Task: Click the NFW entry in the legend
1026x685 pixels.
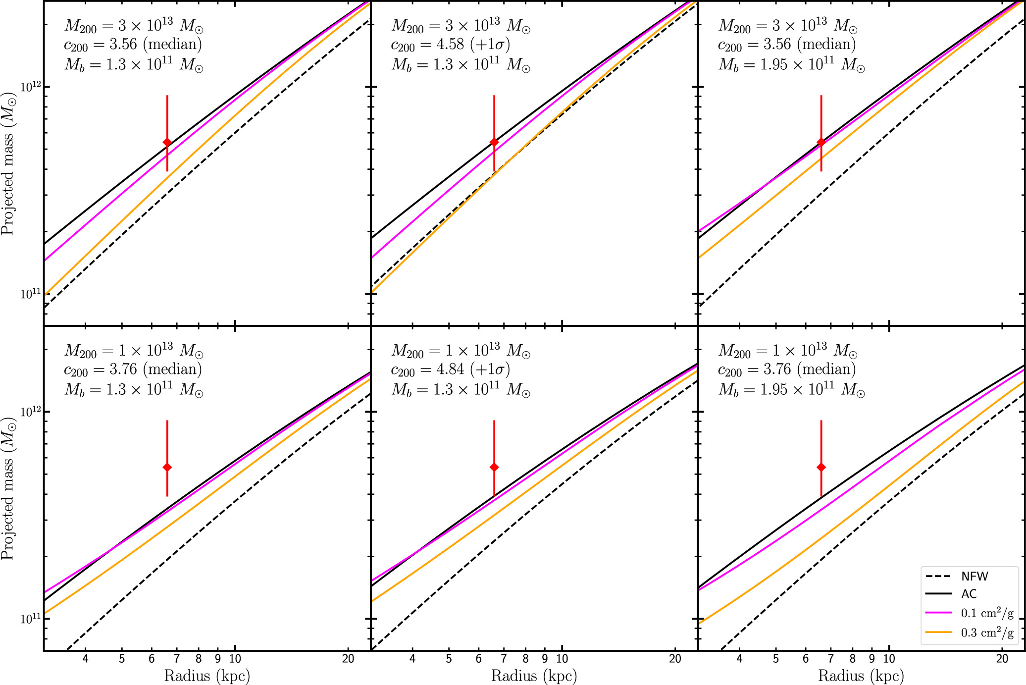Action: [x=974, y=577]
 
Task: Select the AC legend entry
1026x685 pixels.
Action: [x=969, y=594]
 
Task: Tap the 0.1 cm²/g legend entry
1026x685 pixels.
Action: [x=986, y=613]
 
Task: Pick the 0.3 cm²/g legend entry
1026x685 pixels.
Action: [x=986, y=632]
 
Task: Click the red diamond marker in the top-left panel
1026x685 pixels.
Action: [x=167, y=143]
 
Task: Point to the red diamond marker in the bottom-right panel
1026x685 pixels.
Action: [x=821, y=467]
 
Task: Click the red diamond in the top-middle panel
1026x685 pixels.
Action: [x=494, y=143]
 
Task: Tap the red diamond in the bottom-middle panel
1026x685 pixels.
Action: [x=494, y=467]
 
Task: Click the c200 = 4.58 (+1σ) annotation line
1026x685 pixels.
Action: [x=450, y=45]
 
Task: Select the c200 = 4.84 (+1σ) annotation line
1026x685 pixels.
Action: [x=450, y=370]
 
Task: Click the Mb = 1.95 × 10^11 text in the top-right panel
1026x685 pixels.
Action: [x=791, y=65]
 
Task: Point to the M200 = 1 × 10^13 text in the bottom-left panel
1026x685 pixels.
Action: [x=134, y=351]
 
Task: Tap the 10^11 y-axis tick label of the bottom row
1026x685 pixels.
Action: [x=29, y=619]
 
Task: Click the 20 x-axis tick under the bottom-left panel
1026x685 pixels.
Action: [x=348, y=659]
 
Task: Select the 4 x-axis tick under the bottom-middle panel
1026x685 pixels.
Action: [x=412, y=659]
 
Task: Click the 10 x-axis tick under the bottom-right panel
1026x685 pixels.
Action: [x=889, y=659]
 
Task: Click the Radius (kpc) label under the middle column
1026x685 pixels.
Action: [x=534, y=676]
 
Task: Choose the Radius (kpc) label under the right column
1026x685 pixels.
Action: [x=861, y=676]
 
